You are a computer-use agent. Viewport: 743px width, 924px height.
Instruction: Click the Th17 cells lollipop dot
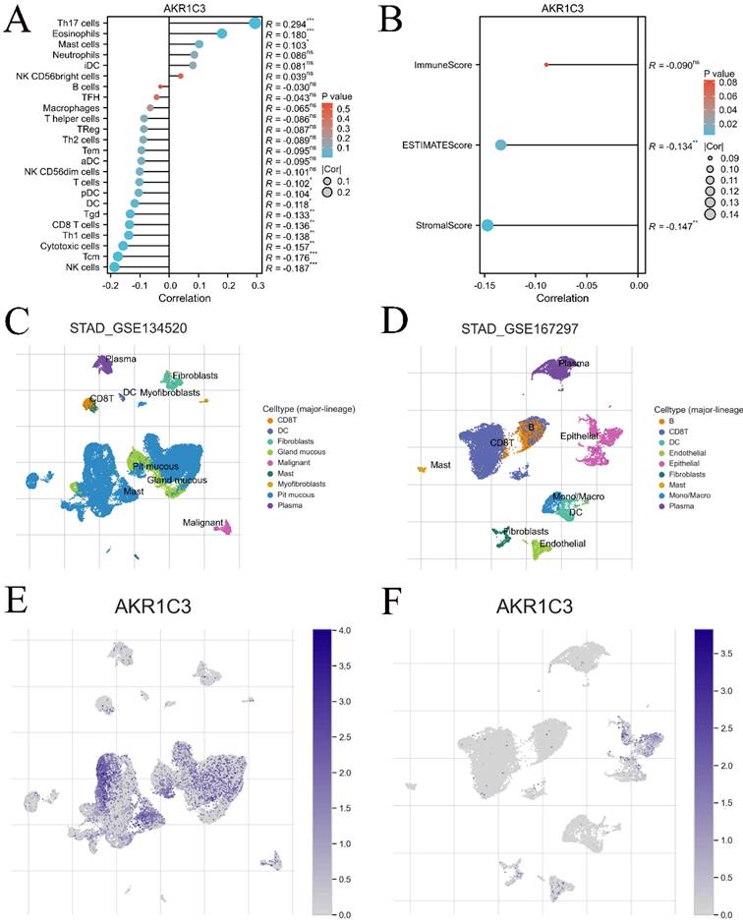256,23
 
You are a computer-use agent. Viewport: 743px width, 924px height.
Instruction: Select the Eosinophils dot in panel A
222,34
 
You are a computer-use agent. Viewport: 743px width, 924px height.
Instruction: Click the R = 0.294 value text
295,23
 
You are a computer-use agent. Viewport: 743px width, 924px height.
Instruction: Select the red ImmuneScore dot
545,65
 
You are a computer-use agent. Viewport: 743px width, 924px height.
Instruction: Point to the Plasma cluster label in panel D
574,364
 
